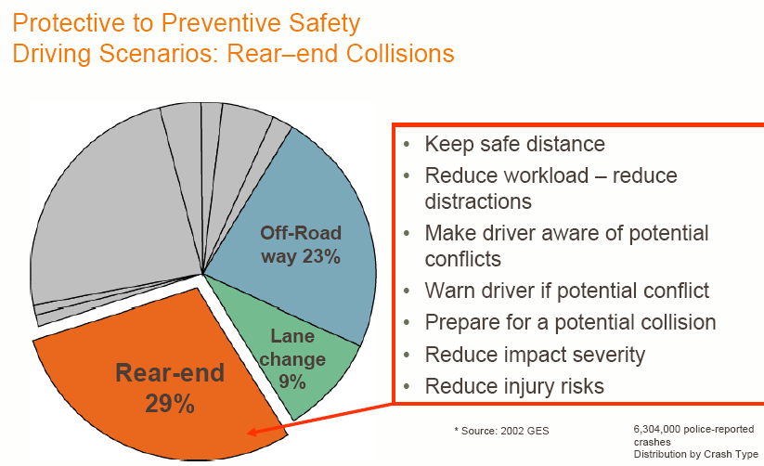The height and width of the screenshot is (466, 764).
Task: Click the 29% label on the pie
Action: click(x=169, y=404)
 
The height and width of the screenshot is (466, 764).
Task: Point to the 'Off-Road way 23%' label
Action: click(x=301, y=245)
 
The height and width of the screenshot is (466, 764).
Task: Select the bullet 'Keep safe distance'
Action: click(x=514, y=144)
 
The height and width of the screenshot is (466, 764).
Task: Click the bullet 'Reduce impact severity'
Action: click(x=534, y=354)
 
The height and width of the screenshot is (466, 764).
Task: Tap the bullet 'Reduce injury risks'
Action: click(x=513, y=385)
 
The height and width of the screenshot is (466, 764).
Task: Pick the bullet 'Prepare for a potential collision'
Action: click(x=570, y=322)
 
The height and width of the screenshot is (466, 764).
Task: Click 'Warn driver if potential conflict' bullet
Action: click(x=566, y=291)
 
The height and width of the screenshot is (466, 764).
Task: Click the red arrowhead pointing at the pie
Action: click(x=253, y=431)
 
